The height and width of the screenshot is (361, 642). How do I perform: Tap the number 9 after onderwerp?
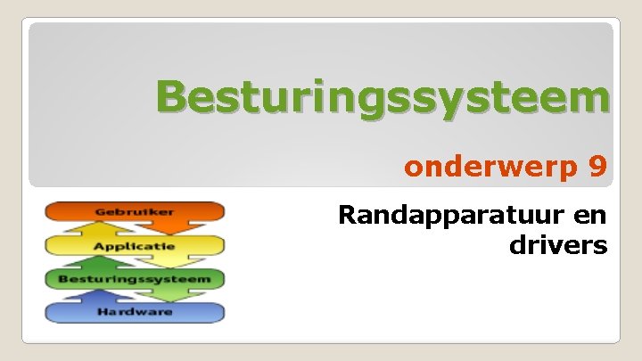(x=597, y=167)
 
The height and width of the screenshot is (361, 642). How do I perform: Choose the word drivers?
(x=558, y=244)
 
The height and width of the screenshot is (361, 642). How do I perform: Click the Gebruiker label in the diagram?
(x=135, y=212)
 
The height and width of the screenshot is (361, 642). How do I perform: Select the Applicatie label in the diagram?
(x=135, y=245)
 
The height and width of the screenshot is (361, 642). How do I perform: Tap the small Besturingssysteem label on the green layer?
(x=135, y=279)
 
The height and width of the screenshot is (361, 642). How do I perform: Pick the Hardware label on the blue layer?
(x=135, y=312)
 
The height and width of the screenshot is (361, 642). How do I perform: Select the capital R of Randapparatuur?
(x=348, y=216)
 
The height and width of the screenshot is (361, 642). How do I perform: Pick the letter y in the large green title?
(x=457, y=103)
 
